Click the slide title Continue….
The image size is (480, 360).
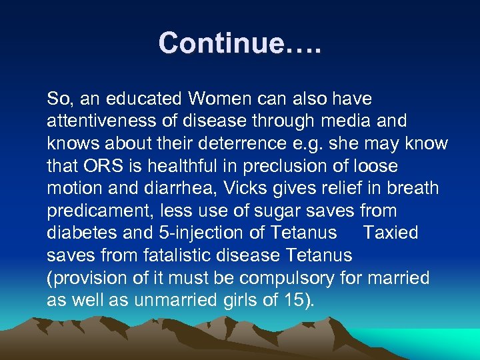pos(239,43)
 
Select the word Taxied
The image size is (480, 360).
pos(391,233)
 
